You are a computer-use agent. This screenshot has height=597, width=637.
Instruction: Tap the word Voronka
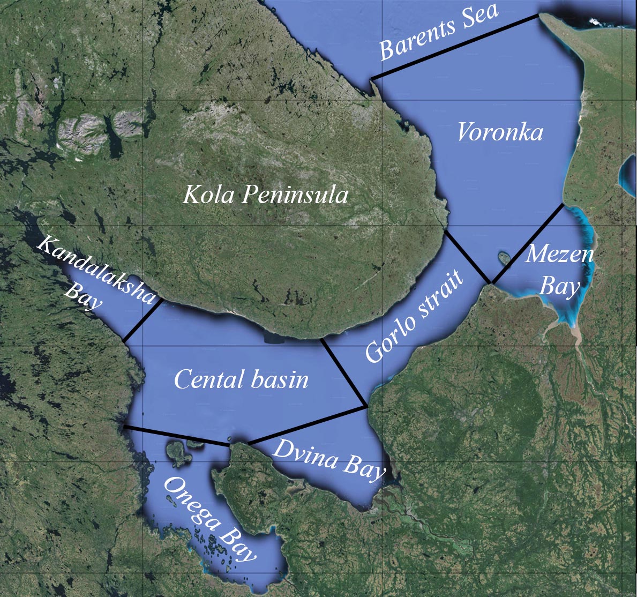pyautogui.click(x=499, y=132)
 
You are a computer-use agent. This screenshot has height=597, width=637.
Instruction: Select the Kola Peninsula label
pyautogui.click(x=265, y=195)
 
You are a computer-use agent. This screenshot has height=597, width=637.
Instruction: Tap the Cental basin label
pyautogui.click(x=241, y=380)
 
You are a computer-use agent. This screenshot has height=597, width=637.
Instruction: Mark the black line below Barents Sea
pyautogui.click(x=455, y=48)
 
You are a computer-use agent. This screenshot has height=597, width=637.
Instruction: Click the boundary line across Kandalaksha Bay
pyautogui.click(x=143, y=320)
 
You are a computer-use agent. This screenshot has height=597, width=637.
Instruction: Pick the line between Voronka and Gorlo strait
pyautogui.click(x=466, y=256)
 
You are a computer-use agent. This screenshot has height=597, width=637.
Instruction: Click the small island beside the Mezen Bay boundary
pyautogui.click(x=504, y=258)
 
